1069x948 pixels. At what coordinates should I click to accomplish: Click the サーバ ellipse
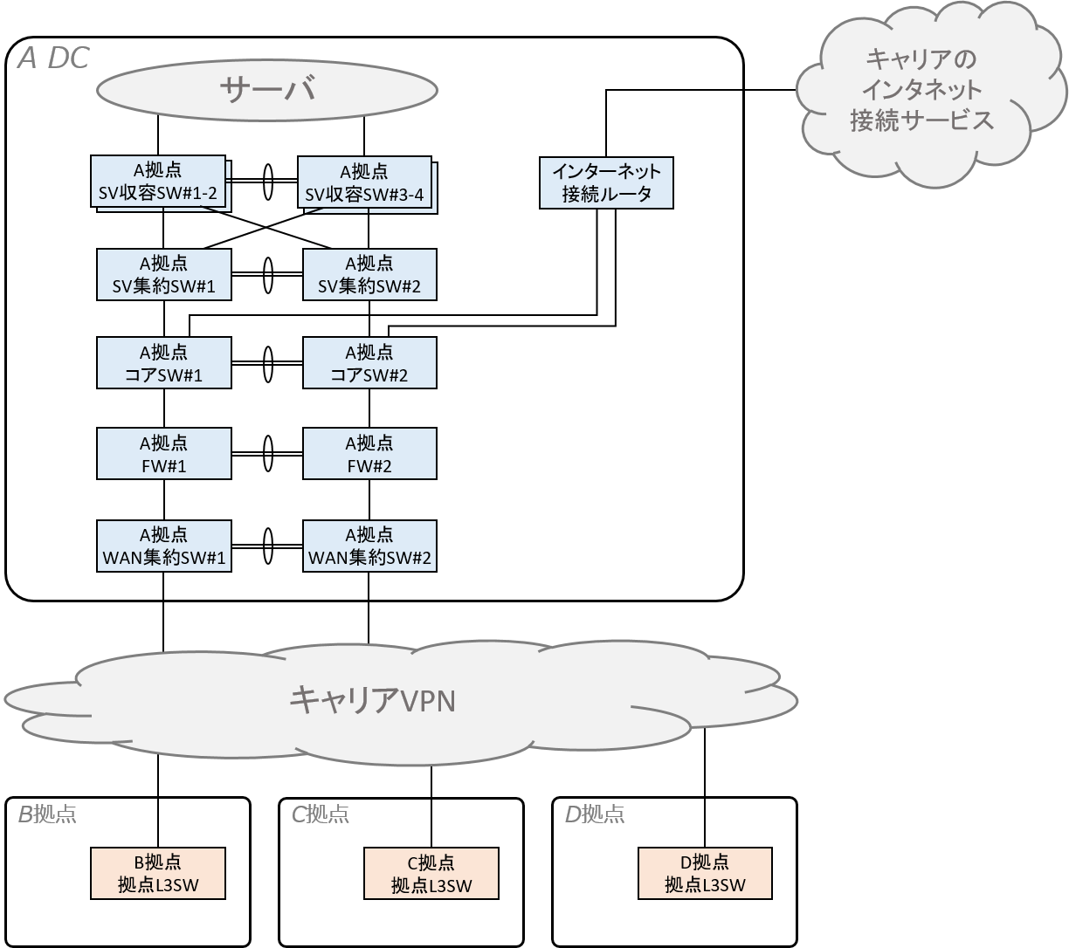(266, 89)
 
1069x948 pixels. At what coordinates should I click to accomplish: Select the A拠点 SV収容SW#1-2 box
(158, 182)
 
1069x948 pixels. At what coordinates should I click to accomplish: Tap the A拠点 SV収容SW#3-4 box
(364, 182)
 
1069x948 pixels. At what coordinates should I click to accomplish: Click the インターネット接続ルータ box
(607, 182)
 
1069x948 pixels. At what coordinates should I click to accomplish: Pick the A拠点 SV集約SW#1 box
(163, 274)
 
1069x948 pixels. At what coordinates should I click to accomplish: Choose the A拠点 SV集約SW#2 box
(369, 274)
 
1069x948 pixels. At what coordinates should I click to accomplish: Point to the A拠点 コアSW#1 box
(163, 363)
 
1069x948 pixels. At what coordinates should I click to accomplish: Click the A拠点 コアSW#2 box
(369, 363)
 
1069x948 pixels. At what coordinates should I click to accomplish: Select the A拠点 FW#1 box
(163, 454)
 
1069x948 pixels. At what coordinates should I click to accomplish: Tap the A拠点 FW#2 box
(369, 454)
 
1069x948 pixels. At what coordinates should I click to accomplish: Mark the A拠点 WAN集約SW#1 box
(163, 546)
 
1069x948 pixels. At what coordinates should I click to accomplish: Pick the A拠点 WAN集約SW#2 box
(369, 546)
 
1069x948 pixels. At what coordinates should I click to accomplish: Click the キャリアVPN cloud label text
(373, 700)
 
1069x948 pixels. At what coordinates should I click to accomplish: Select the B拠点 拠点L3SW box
(158, 873)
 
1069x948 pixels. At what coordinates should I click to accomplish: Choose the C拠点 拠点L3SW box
(431, 873)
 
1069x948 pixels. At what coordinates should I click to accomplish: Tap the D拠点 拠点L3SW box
(705, 873)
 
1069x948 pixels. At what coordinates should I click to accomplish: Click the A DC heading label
(53, 58)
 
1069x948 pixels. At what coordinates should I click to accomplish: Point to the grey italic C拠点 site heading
(320, 814)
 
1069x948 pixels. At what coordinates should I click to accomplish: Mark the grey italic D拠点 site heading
(594, 814)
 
